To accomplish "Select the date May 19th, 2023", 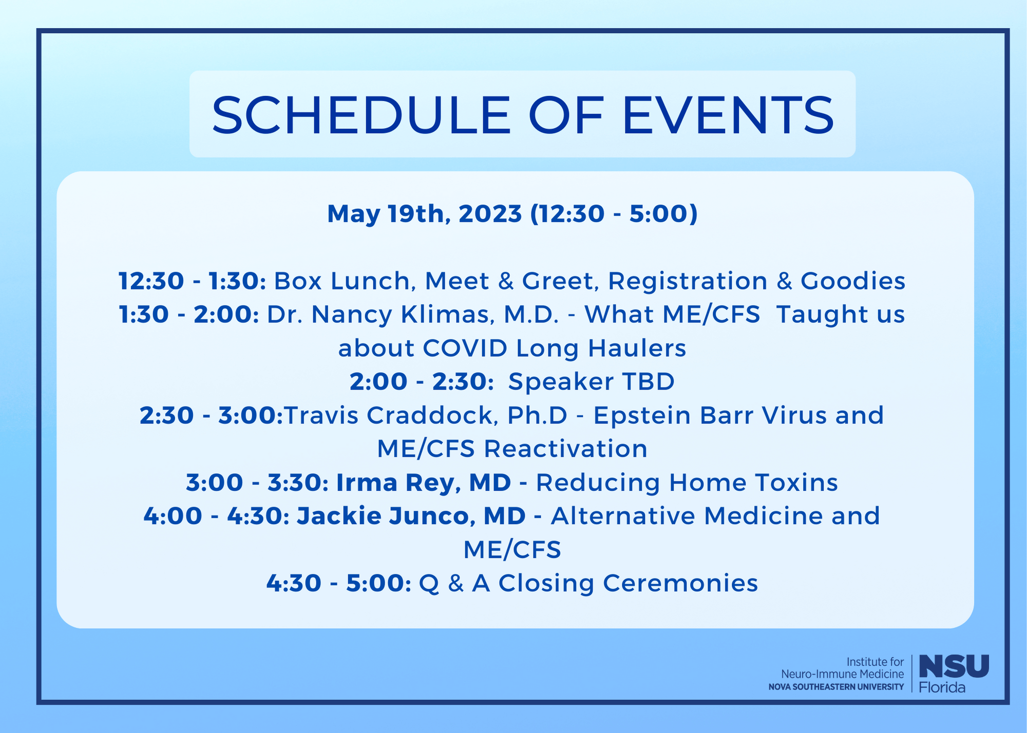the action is click(425, 214).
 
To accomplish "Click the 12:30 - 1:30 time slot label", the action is click(192, 281).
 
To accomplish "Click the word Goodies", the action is click(853, 281).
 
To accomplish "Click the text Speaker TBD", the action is click(591, 381).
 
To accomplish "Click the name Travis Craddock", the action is click(391, 415).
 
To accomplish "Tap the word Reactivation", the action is click(565, 449).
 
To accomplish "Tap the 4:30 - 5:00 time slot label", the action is click(339, 583).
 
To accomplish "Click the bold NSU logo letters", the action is click(954, 666).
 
